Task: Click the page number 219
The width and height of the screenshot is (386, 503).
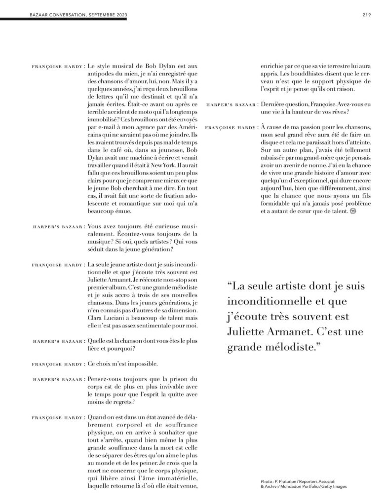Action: tap(366, 15)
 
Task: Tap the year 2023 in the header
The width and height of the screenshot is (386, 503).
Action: tap(119, 15)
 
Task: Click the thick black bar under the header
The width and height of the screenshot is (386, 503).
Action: tap(64, 19)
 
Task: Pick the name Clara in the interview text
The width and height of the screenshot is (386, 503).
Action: tap(96, 319)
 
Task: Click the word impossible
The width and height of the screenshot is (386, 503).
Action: tap(139, 364)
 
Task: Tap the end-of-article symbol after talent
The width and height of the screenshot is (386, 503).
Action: tap(352, 211)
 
